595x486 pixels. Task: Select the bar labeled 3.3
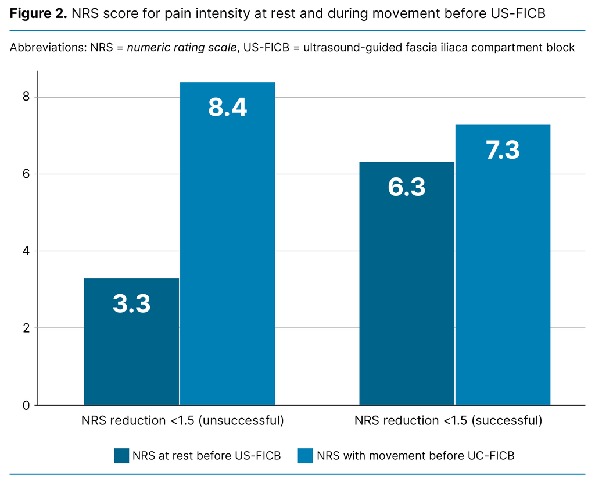tap(131, 343)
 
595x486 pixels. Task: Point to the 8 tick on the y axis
tap(26, 97)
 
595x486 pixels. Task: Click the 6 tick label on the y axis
tap(26, 174)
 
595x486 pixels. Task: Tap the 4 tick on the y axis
tap(26, 251)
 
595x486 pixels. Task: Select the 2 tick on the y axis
tap(26, 328)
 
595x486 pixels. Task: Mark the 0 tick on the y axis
tap(26, 405)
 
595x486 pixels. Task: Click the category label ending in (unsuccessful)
tap(182, 420)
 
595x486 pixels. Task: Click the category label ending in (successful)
tap(448, 420)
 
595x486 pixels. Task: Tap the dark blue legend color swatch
tap(121, 456)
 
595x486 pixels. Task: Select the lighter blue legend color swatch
tap(305, 456)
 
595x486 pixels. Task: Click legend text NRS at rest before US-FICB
tap(206, 456)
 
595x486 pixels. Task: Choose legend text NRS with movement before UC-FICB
tap(415, 456)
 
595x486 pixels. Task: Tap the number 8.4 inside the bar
tap(227, 108)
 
